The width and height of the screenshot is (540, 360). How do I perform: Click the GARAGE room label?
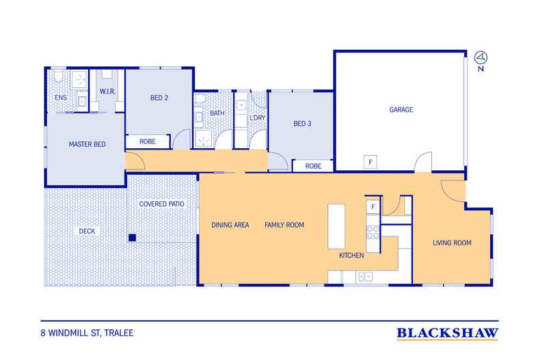(x=401, y=110)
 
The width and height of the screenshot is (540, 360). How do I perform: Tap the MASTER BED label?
(x=87, y=145)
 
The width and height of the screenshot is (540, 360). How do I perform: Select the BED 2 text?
(x=159, y=98)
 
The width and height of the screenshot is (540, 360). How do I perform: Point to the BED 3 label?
(x=302, y=124)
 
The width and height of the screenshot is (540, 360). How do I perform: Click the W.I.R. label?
(x=107, y=92)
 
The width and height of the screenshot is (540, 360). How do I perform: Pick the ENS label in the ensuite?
(x=61, y=98)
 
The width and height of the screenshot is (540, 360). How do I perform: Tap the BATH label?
(x=217, y=113)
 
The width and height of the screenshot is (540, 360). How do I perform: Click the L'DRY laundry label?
(x=258, y=118)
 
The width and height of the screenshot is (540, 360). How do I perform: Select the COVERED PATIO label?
(x=161, y=204)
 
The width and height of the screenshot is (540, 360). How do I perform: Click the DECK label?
(x=87, y=232)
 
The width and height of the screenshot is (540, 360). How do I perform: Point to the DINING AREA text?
(x=230, y=225)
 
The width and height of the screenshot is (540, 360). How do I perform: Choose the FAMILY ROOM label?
(x=284, y=225)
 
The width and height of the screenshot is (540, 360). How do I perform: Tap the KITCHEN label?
(x=351, y=255)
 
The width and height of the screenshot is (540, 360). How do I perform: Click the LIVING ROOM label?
(x=452, y=243)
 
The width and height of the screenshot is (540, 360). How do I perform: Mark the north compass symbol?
(x=481, y=57)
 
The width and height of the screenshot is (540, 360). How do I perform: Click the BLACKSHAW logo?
(x=447, y=333)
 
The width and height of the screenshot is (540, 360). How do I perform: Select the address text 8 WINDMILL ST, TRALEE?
(x=87, y=333)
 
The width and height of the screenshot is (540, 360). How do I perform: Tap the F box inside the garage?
(x=370, y=162)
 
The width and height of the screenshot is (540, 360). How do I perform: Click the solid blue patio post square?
(x=132, y=238)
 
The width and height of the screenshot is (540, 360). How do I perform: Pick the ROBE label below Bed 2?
(x=148, y=142)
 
